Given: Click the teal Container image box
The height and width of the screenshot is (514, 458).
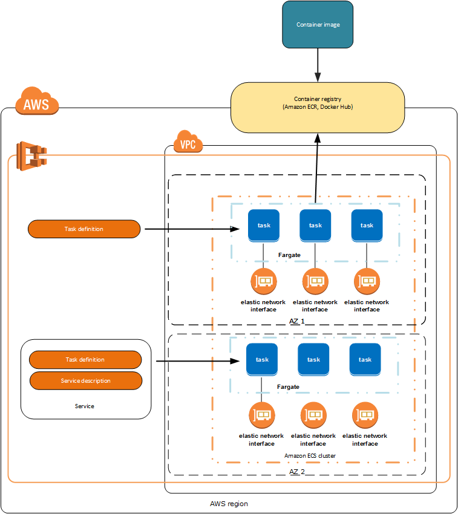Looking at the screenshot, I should [318, 25].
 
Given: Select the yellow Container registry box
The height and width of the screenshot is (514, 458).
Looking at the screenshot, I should [318, 107].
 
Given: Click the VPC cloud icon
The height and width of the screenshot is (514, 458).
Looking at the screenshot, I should [188, 143].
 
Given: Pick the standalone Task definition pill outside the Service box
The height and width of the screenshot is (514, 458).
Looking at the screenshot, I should [84, 229].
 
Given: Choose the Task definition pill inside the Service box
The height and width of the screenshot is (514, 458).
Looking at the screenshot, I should [85, 360].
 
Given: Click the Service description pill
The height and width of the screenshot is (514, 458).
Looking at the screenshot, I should [85, 381].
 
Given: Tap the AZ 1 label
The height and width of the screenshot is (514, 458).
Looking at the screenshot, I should [296, 321].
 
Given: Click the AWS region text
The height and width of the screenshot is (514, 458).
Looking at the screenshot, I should [229, 504].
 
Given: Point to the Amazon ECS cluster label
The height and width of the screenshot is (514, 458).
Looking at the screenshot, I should [310, 455].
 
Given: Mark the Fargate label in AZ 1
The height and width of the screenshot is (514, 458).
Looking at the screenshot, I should [290, 256].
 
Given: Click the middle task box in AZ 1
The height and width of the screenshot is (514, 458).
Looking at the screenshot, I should [315, 225].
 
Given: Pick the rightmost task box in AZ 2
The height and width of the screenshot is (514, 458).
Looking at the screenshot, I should [365, 359].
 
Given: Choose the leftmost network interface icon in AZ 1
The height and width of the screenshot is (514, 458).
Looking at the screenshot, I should [263, 281].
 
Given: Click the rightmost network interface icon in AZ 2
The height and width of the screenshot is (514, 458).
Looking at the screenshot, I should [365, 415].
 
